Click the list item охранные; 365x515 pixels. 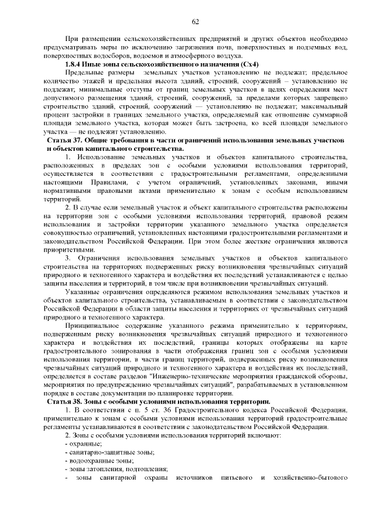[x=85, y=443]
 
